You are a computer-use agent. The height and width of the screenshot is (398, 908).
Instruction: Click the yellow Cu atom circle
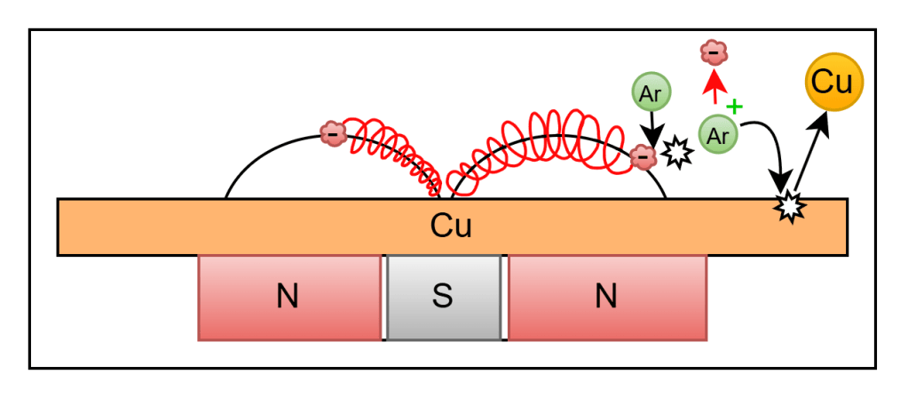834,83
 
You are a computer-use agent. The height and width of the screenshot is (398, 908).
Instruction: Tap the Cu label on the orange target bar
451,227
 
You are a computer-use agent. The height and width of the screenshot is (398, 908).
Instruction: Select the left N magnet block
289,298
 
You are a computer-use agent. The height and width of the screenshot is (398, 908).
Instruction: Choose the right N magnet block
607,298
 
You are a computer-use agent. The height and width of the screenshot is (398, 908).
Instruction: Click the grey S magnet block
444,298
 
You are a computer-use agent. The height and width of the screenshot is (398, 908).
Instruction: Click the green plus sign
734,107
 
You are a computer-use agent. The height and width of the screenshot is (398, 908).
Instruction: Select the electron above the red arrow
714,54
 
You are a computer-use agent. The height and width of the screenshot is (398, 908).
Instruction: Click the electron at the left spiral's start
333,134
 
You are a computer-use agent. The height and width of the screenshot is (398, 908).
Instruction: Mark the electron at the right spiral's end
642,155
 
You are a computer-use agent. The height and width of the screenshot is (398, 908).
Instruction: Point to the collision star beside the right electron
675,154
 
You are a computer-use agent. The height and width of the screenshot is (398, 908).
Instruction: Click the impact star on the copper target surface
791,206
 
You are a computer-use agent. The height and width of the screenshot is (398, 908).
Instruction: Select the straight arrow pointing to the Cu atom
812,152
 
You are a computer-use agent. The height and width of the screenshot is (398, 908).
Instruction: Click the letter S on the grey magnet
443,298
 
